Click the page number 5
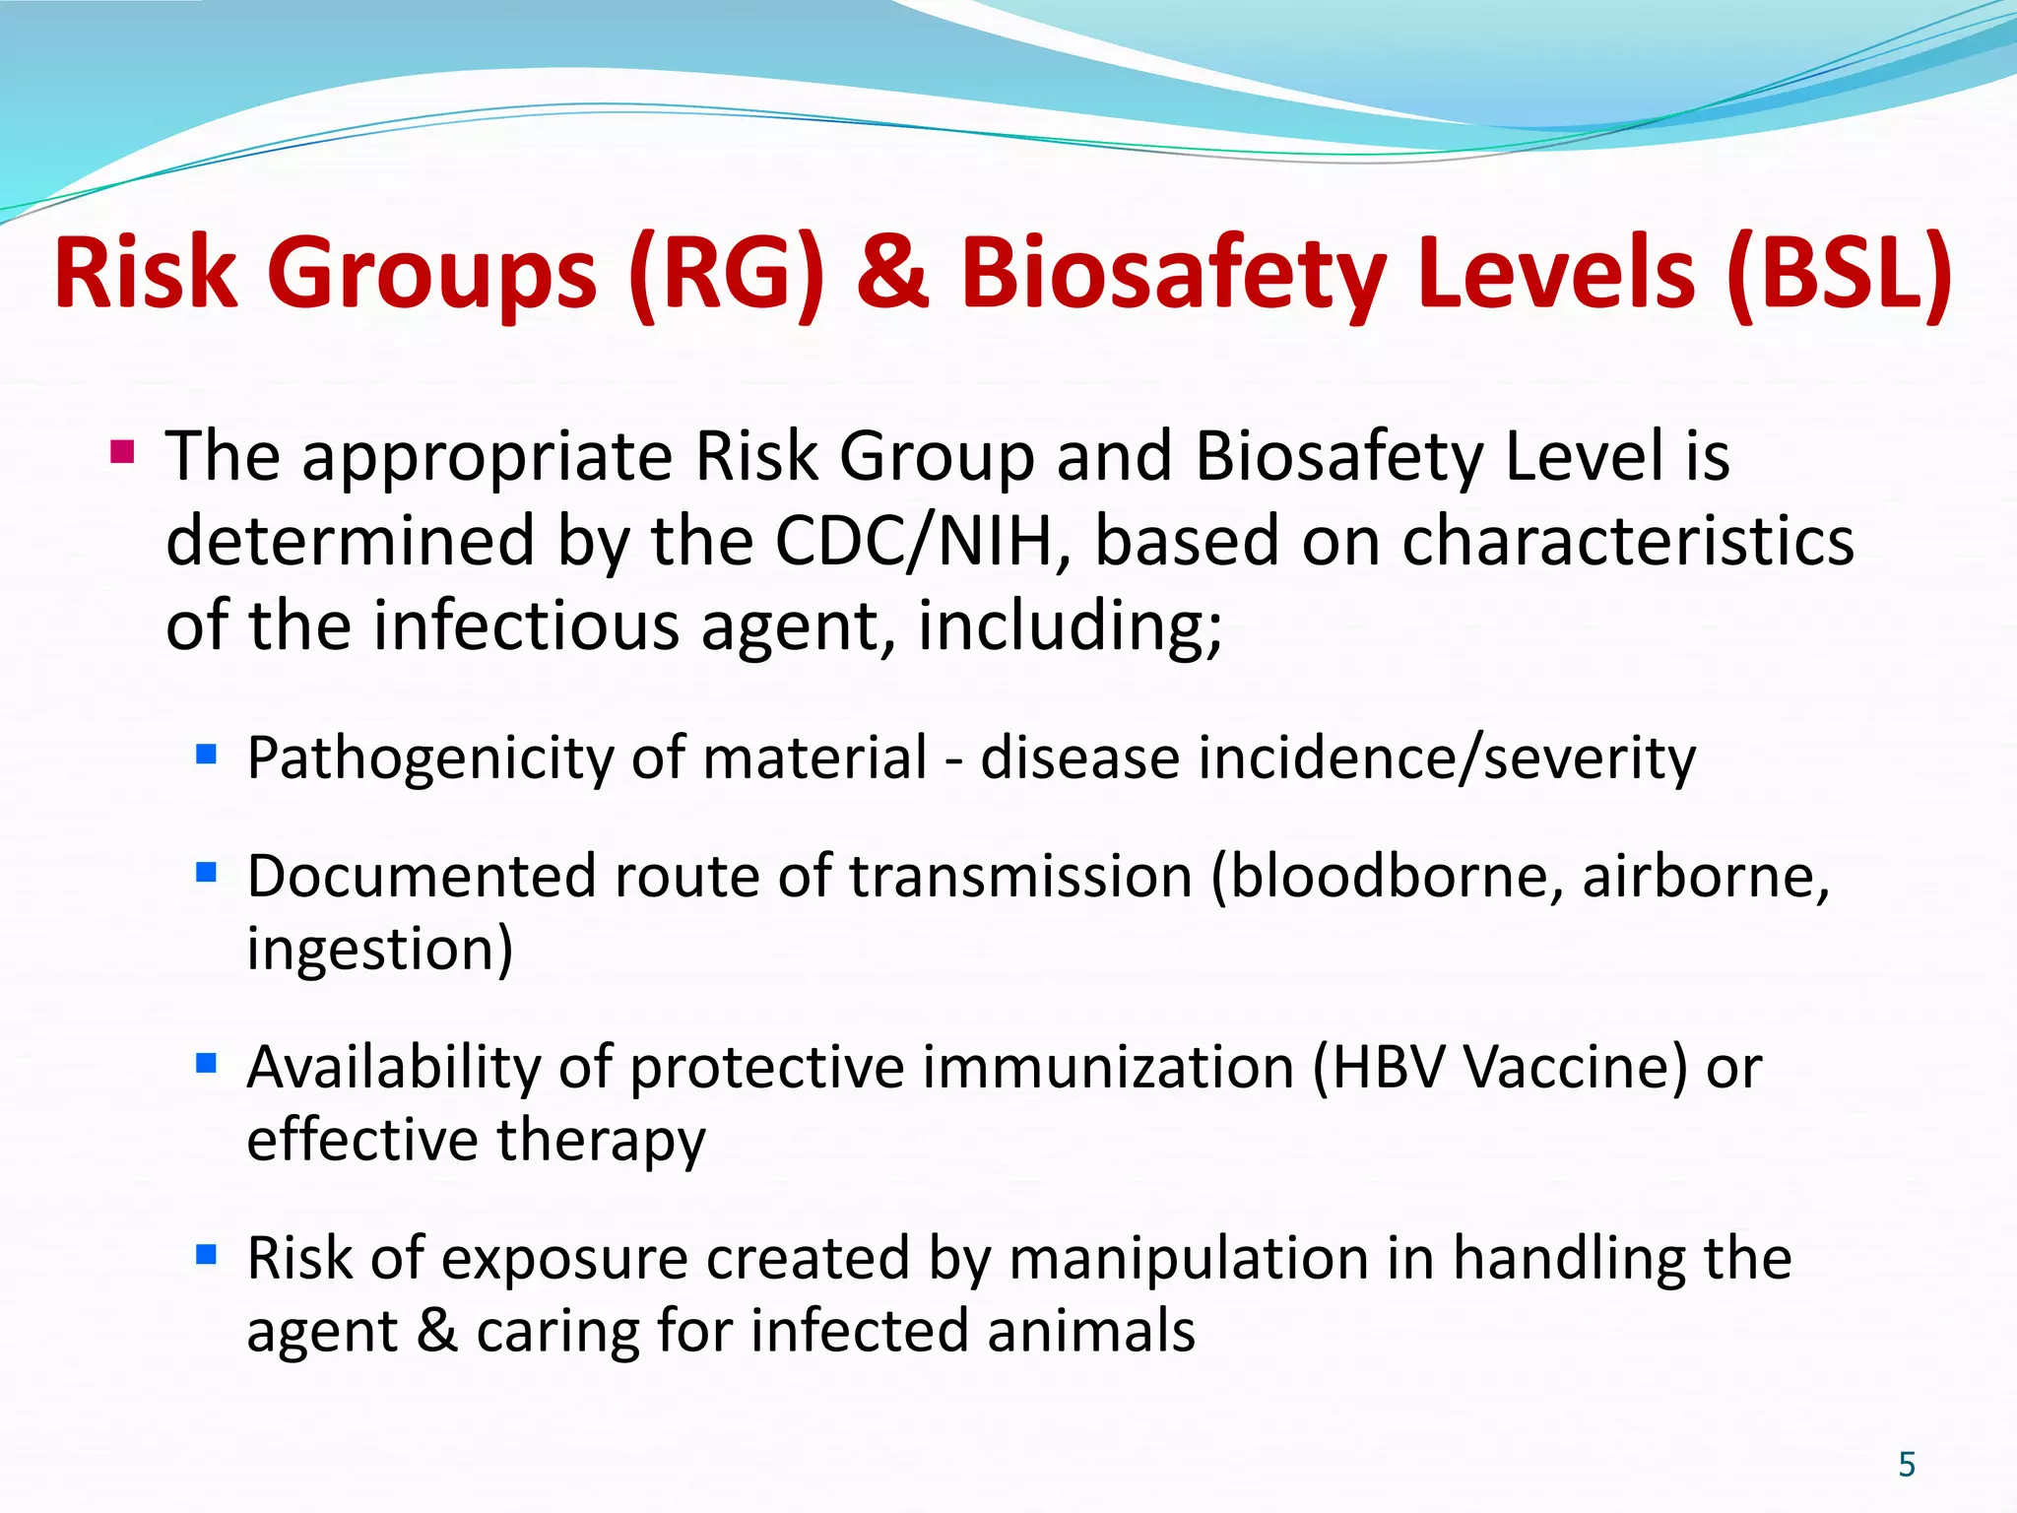1907,1465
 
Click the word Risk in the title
146,273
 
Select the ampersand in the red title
891,273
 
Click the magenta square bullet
122,454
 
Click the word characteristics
1627,541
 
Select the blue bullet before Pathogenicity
206,755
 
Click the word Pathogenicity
429,758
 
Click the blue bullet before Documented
206,873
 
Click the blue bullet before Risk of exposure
206,1255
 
